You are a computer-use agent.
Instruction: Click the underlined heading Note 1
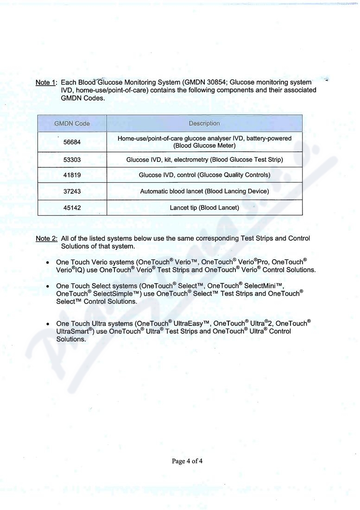[45, 83]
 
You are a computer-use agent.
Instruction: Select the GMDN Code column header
[72, 123]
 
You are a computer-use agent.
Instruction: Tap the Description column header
[204, 123]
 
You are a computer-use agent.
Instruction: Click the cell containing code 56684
[72, 142]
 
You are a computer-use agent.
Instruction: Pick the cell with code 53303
[72, 159]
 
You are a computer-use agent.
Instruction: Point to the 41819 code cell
[72, 175]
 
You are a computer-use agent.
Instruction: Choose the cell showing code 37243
[72, 191]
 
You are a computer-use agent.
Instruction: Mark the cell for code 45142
[72, 208]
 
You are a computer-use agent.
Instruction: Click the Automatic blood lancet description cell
[204, 191]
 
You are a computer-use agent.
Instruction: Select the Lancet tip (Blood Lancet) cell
[204, 208]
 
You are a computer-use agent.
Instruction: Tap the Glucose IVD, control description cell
[204, 175]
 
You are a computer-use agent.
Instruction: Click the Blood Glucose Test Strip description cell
[204, 159]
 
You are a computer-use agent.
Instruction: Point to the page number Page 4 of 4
[187, 461]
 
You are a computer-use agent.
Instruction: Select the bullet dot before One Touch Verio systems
[48, 263]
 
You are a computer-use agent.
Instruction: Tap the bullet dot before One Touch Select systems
[48, 287]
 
